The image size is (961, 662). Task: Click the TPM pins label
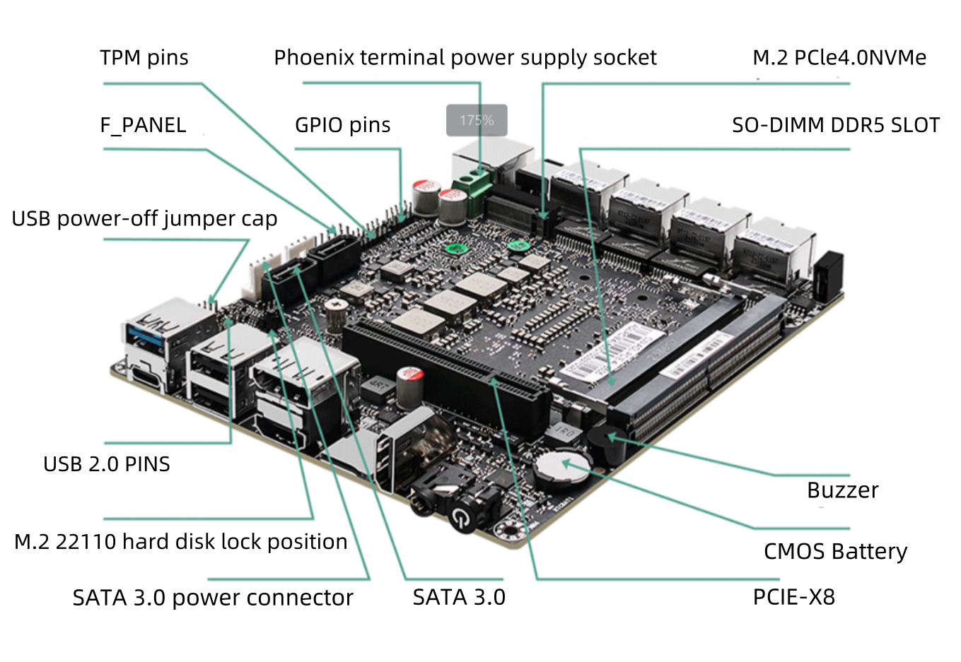click(x=144, y=58)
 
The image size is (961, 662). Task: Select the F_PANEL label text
click(x=143, y=126)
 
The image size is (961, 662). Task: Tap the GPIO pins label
click(x=342, y=126)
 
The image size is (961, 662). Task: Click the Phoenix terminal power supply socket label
click(x=465, y=58)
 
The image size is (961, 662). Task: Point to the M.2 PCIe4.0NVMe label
click(x=839, y=58)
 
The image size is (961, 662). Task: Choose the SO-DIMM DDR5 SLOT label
click(x=835, y=126)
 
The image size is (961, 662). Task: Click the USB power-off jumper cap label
click(x=144, y=219)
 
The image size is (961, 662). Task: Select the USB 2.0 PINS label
click(x=107, y=464)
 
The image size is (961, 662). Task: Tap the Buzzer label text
click(x=842, y=490)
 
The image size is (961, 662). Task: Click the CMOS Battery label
click(x=835, y=551)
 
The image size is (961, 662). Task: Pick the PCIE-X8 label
click(x=793, y=598)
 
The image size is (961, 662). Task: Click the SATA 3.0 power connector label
click(x=212, y=598)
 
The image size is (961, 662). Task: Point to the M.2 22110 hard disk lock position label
click(x=180, y=542)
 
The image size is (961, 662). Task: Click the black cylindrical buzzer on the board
click(x=607, y=445)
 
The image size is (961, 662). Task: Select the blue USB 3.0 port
click(x=147, y=331)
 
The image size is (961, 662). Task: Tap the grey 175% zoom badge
click(x=477, y=120)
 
